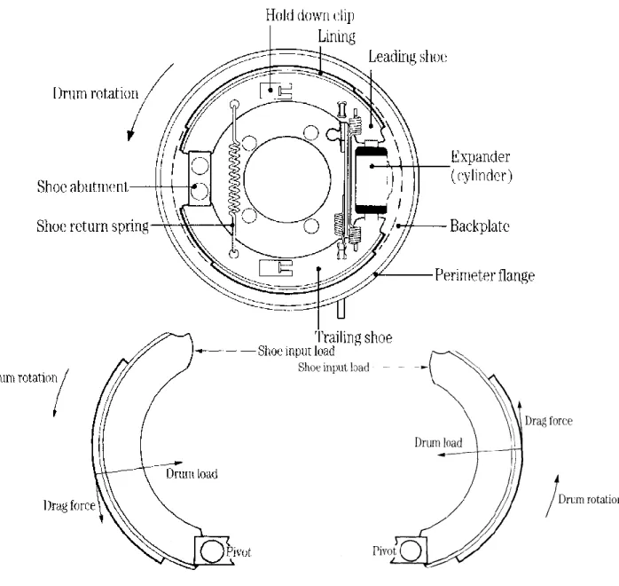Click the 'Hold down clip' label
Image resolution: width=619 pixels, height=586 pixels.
point(309,15)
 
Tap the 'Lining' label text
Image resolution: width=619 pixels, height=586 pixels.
point(337,36)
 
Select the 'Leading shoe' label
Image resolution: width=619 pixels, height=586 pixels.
point(408,57)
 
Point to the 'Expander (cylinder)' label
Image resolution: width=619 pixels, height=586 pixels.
point(482,166)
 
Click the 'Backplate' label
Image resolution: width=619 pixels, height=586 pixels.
point(480,226)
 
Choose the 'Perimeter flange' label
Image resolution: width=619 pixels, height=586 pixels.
point(485,275)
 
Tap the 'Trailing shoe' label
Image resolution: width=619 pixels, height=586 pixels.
point(353,337)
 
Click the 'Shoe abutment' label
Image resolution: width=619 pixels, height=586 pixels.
point(82,186)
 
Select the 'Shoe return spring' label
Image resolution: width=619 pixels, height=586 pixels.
point(93,226)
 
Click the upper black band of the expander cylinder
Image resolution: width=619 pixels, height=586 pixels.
point(372,152)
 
